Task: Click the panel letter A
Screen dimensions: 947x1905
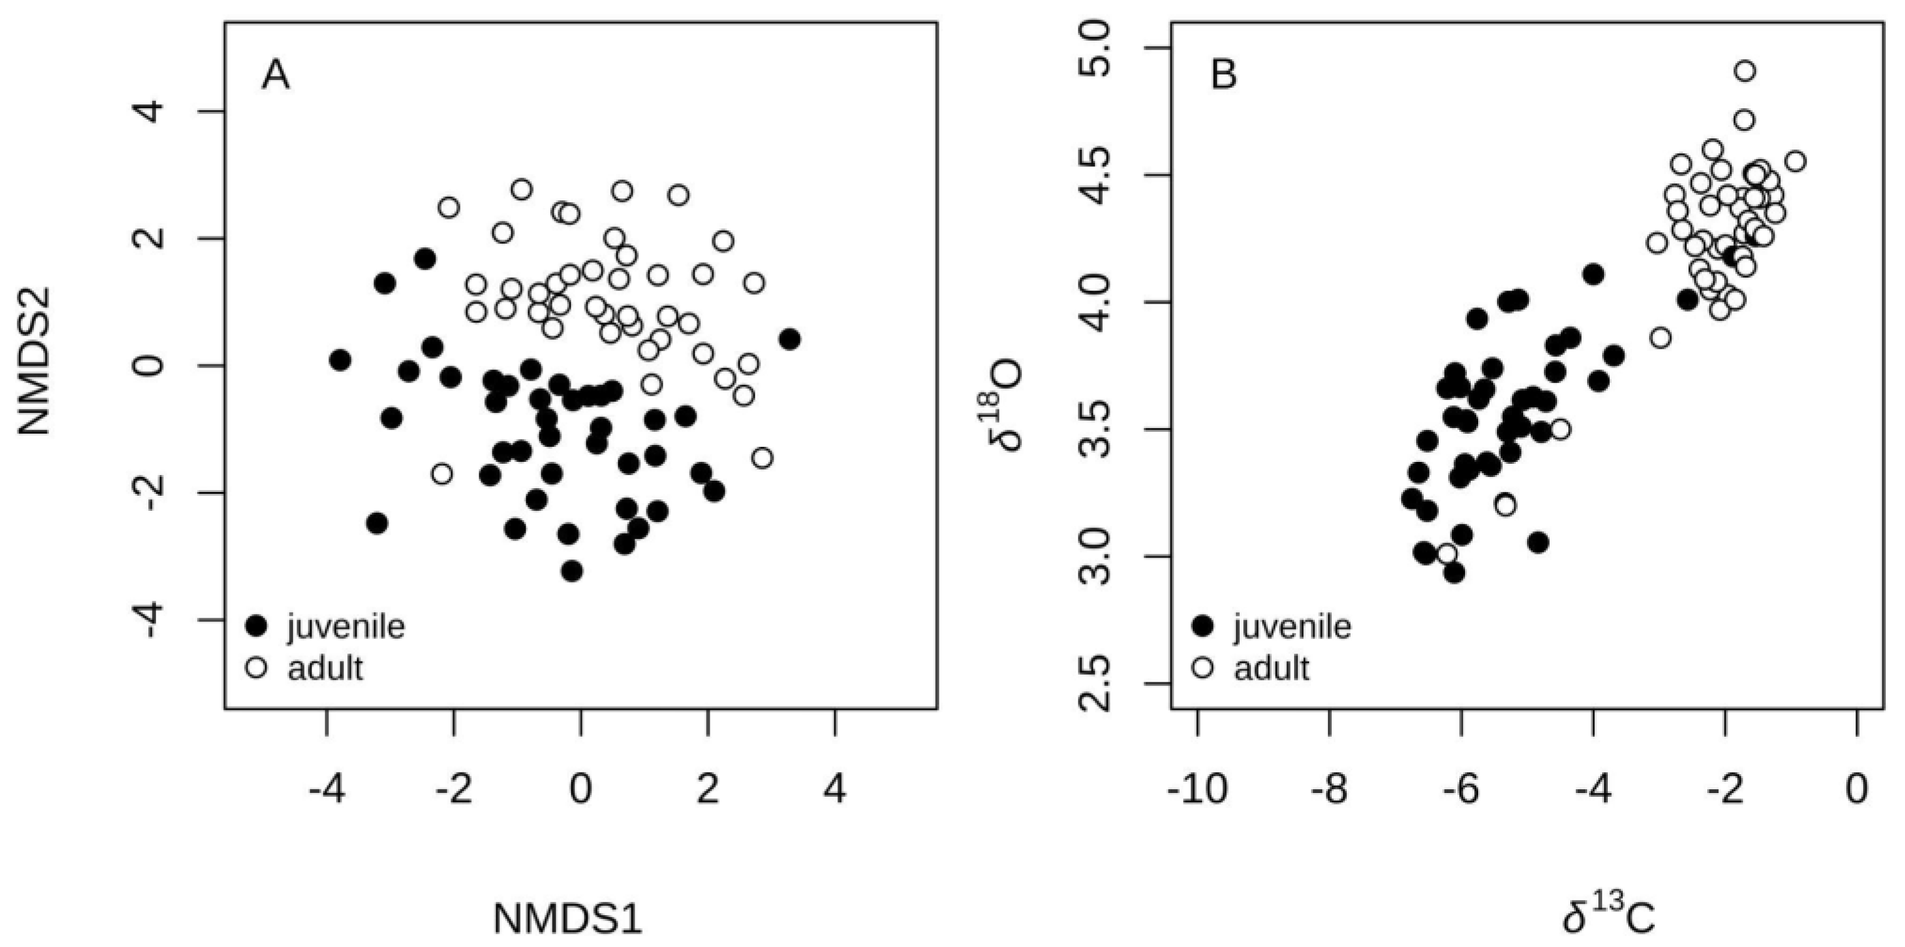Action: (x=276, y=76)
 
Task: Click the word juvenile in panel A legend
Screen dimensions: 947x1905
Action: (x=346, y=627)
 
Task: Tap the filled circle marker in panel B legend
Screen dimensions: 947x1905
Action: (x=1204, y=627)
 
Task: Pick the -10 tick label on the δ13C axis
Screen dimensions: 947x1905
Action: (x=1197, y=789)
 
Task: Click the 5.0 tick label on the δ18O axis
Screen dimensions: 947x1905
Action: (x=1093, y=49)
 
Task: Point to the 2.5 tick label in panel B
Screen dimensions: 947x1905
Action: (x=1093, y=683)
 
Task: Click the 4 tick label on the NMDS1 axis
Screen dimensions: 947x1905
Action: (x=835, y=789)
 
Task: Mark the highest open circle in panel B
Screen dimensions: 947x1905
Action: (x=1745, y=71)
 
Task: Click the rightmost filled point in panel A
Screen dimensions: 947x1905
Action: (x=790, y=340)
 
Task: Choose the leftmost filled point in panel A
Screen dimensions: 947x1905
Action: (x=340, y=361)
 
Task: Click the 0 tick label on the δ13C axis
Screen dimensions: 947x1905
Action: (x=1857, y=789)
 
